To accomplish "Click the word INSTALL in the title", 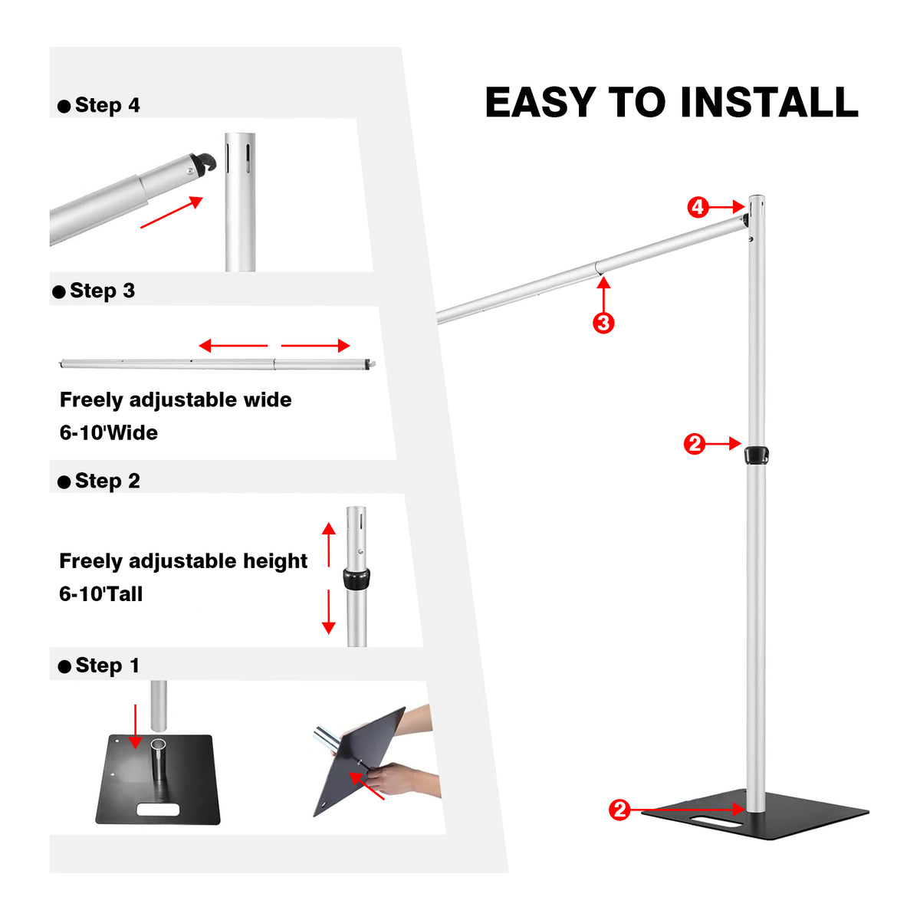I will point(768,103).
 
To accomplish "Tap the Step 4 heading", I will point(107,106).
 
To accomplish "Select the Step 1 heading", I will point(107,665).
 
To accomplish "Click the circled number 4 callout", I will point(698,207).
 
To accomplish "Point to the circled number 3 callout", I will point(603,323).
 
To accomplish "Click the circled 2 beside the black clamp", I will point(695,444).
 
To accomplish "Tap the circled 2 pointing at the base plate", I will point(619,810).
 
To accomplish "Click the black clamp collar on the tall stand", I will point(756,455).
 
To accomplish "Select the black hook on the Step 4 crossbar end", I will point(205,163).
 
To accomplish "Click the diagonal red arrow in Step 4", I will point(172,212).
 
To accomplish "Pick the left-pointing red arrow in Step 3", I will point(233,346).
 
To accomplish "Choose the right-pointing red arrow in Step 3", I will point(315,346).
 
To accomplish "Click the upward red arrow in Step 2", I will point(329,544).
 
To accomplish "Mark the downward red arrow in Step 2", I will point(329,611).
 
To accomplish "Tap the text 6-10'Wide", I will point(109,433).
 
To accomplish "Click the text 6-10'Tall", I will point(101,594).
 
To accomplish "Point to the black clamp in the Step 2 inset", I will point(356,579).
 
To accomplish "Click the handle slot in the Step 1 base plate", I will point(158,809).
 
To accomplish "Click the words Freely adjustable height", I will point(183,561).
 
